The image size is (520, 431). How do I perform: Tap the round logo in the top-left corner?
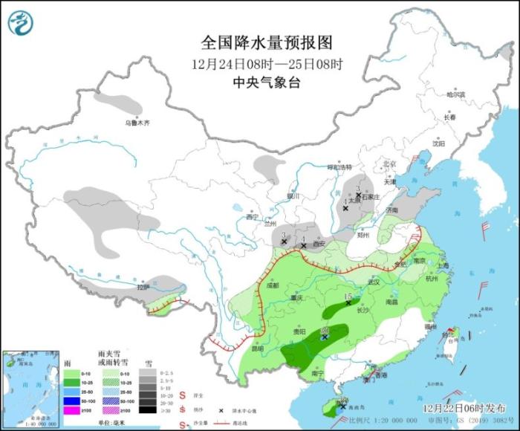pos(22,22)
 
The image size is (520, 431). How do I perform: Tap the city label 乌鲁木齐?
pos(137,123)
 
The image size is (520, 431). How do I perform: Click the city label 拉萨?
pos(143,287)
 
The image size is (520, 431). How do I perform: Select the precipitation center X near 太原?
pos(345,209)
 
